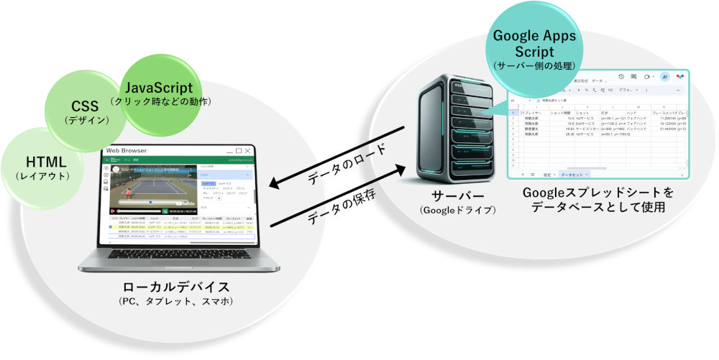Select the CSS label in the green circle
(x=85, y=106)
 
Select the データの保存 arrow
(x=334, y=197)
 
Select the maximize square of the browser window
(x=238, y=150)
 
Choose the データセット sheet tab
(x=574, y=175)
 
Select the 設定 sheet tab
(x=548, y=175)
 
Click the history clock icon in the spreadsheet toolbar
(x=621, y=77)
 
